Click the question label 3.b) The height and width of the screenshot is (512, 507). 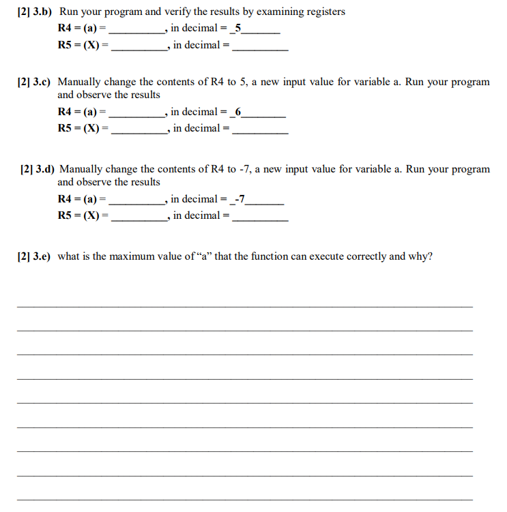tap(42, 12)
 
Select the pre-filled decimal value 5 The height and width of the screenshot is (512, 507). tap(237, 28)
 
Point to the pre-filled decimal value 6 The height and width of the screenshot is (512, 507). tap(237, 111)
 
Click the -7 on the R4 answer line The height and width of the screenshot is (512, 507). tap(239, 198)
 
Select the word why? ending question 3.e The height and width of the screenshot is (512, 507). tap(420, 256)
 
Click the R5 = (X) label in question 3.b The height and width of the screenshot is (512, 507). tap(83, 45)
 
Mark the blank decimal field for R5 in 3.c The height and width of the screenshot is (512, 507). tap(260, 129)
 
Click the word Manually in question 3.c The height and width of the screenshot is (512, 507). tap(79, 82)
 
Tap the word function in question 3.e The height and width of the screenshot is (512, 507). tap(270, 256)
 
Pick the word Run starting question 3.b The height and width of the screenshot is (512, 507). tap(69, 12)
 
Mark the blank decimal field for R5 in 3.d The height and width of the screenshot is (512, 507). tap(260, 216)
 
